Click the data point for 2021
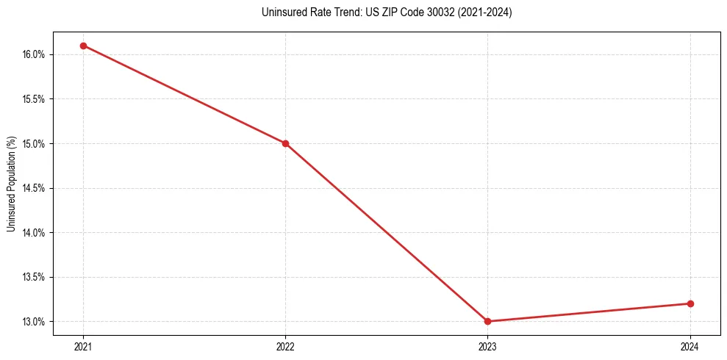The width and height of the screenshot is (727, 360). point(83,46)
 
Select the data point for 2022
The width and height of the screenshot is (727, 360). point(285,143)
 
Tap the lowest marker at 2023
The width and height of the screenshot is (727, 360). point(487,321)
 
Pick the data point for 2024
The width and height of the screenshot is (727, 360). point(690,303)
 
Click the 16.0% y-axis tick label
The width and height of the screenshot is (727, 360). point(35,54)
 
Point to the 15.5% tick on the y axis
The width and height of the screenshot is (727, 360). point(35,99)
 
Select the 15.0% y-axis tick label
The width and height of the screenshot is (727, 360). point(35,143)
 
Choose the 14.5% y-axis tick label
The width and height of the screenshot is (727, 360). point(35,188)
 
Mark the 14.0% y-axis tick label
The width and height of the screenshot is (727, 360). point(35,233)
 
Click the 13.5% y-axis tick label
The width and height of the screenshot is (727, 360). point(35,277)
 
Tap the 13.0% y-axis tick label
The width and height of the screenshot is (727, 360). point(35,322)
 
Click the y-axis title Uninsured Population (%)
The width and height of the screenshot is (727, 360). point(11,183)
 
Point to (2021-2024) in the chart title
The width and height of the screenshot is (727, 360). point(486,12)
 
